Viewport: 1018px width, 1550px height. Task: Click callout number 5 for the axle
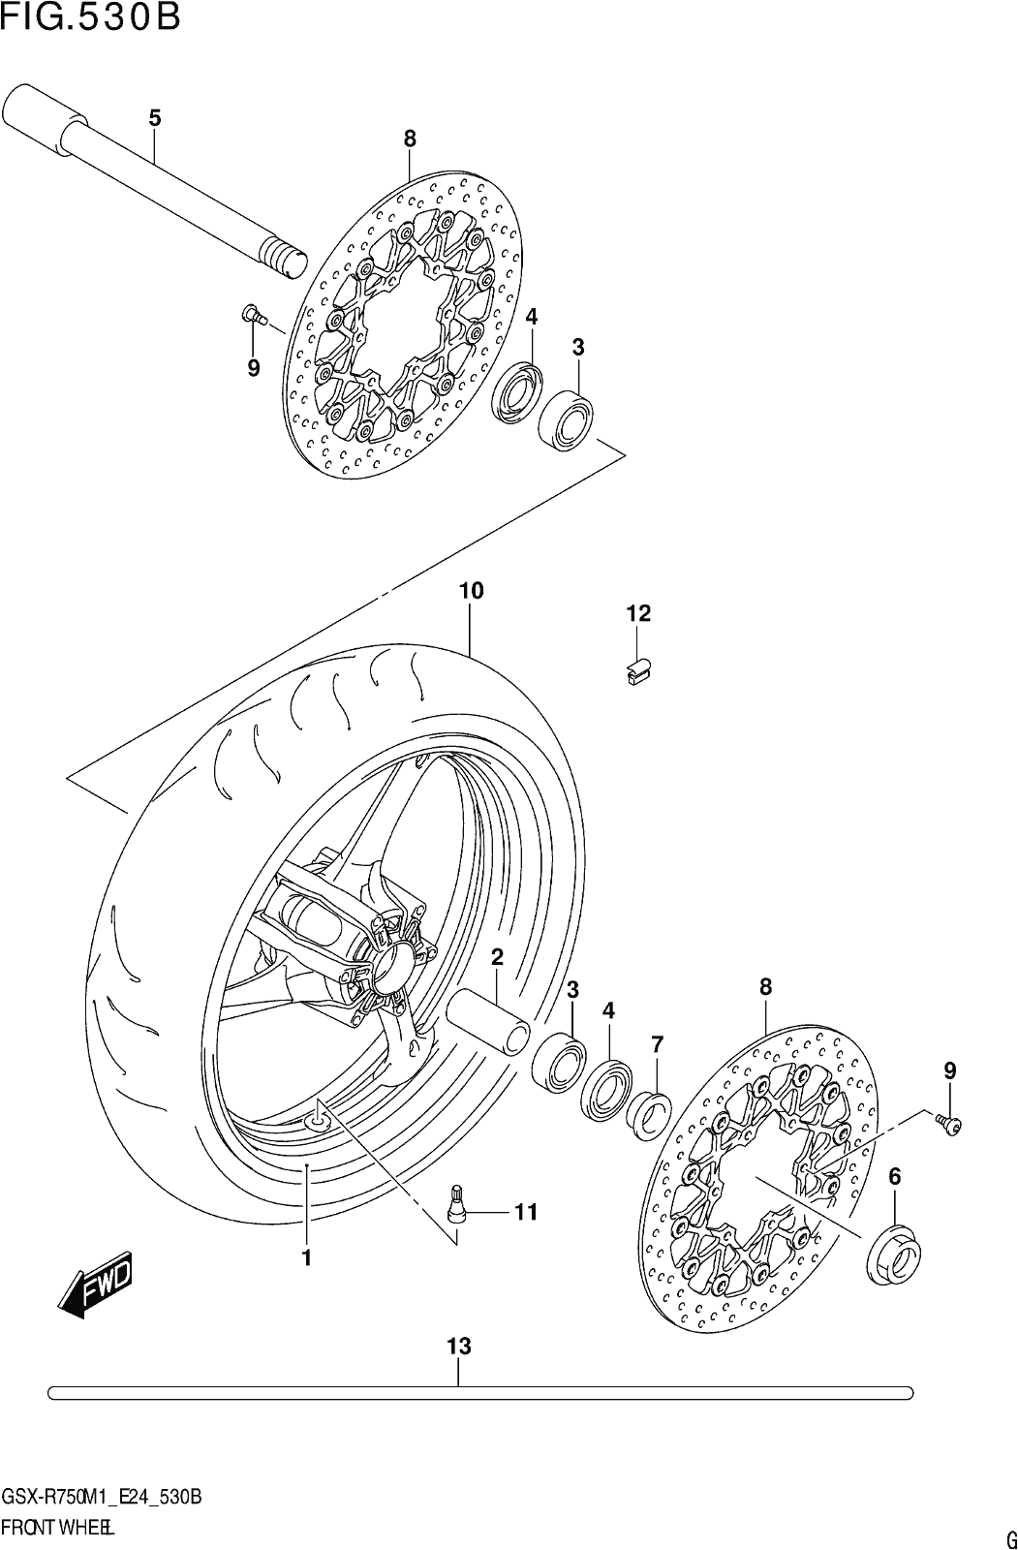[154, 117]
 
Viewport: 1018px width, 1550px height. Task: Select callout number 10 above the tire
[471, 591]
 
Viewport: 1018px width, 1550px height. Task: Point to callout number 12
[638, 613]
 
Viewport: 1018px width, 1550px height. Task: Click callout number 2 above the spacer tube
[497, 957]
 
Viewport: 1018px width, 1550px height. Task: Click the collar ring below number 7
[648, 1113]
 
